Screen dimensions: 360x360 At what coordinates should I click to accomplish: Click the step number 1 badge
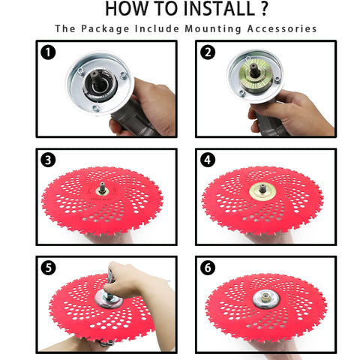click(x=48, y=52)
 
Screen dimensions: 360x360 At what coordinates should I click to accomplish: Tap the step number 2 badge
click(x=208, y=52)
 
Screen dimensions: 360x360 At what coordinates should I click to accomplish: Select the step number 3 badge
click(x=48, y=160)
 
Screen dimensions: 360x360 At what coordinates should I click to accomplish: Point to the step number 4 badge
click(x=208, y=160)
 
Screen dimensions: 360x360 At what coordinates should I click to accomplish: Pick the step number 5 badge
click(x=48, y=268)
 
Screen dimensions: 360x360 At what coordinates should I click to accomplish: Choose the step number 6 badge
click(x=208, y=268)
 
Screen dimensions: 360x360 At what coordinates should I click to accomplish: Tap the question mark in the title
click(x=264, y=9)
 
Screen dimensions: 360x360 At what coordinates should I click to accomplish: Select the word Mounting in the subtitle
click(x=213, y=29)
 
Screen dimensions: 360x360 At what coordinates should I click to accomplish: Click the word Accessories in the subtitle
click(x=282, y=28)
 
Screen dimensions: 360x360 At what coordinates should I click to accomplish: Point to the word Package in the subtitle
click(x=105, y=29)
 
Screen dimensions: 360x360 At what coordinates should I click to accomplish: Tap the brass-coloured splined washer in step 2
click(x=255, y=74)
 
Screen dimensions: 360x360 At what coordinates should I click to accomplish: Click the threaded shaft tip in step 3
click(x=102, y=187)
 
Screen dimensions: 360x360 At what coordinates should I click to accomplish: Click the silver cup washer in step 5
click(x=109, y=299)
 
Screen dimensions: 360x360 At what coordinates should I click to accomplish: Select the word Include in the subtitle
click(x=157, y=28)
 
